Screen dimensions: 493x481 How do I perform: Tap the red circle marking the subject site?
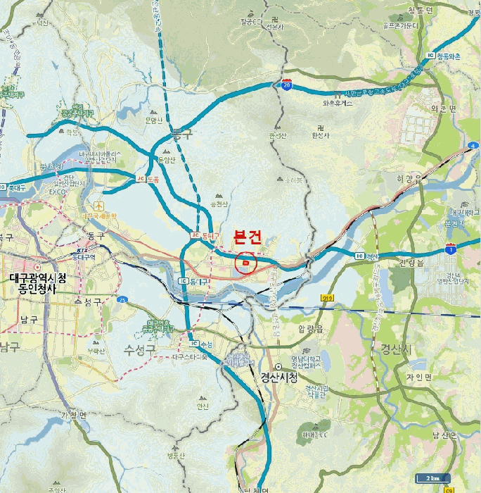pos(245,263)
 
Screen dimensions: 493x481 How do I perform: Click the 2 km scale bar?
pos(432,478)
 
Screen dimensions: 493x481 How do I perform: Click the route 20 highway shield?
pos(286,84)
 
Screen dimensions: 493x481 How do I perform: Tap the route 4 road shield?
pos(472,146)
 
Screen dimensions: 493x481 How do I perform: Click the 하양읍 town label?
pos(408,180)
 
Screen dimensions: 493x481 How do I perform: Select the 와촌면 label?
pos(443,108)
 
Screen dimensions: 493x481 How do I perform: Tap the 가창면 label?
pos(73,414)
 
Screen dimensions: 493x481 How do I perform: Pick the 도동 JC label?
pos(148,179)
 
